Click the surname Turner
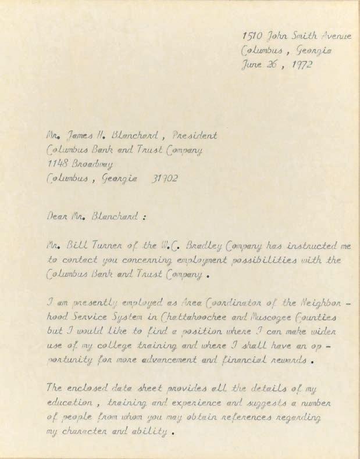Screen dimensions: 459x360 pyautogui.click(x=106, y=245)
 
